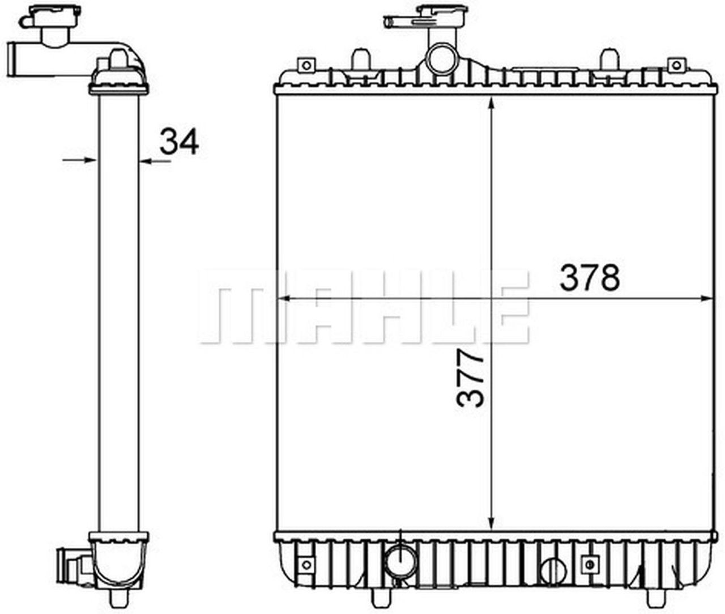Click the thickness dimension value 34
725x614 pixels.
click(x=179, y=142)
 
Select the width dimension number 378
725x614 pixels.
click(x=590, y=278)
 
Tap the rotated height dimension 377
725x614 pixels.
click(x=470, y=378)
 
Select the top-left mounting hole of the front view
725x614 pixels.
click(x=306, y=65)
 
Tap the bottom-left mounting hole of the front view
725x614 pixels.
click(x=306, y=564)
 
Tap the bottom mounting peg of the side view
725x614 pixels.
click(x=118, y=599)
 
